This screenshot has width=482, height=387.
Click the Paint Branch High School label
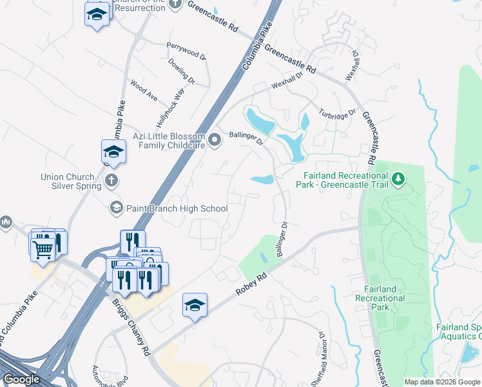[177, 208]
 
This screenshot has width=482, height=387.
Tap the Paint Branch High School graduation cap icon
[117, 208]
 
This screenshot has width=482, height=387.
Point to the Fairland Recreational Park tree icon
[399, 177]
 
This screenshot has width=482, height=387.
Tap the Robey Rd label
[251, 284]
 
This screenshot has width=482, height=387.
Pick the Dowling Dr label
[182, 70]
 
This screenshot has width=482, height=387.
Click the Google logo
[22, 379]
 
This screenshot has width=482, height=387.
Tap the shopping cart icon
[43, 246]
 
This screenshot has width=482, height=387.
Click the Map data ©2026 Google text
[443, 382]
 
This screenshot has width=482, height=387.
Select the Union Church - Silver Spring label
[71, 181]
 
